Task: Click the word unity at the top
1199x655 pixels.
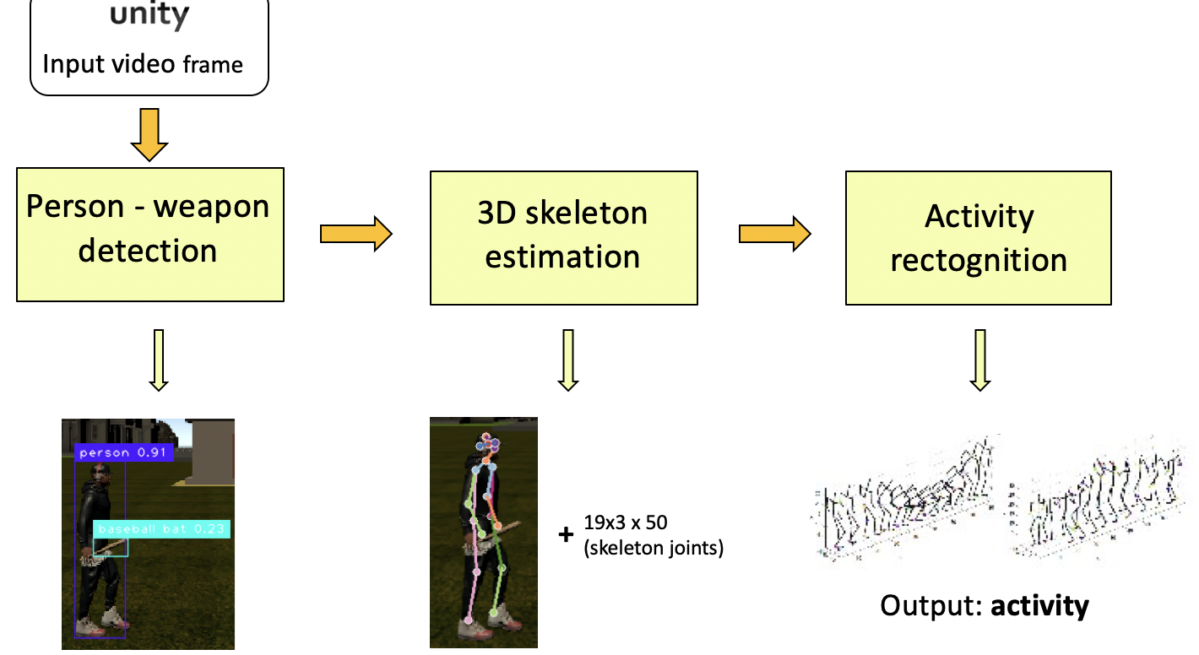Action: click(149, 17)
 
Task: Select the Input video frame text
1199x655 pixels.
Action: click(143, 63)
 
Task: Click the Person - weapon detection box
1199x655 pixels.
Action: click(149, 234)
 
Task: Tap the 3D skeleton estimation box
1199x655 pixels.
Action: click(563, 237)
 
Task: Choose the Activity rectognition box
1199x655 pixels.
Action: click(979, 238)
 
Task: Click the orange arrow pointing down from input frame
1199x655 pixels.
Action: click(149, 134)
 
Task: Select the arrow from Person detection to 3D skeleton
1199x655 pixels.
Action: click(356, 234)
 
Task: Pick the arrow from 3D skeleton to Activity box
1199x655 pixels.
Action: click(774, 234)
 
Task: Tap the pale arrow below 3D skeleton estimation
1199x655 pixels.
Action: click(568, 360)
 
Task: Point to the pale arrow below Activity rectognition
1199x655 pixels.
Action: click(979, 360)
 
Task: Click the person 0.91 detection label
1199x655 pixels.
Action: click(124, 453)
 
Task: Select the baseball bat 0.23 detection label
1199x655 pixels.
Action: click(161, 529)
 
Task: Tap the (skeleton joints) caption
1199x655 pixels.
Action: click(653, 548)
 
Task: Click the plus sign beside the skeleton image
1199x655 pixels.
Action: click(566, 534)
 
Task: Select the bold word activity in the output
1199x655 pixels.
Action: click(1039, 606)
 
